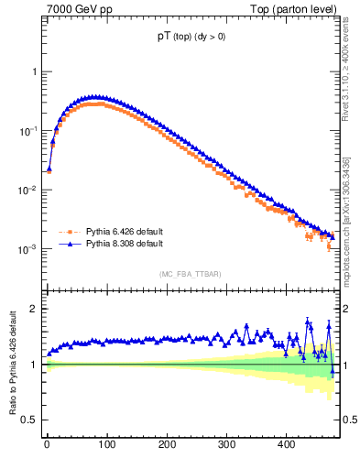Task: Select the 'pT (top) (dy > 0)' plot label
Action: click(192, 38)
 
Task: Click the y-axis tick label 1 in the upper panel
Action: click(34, 71)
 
